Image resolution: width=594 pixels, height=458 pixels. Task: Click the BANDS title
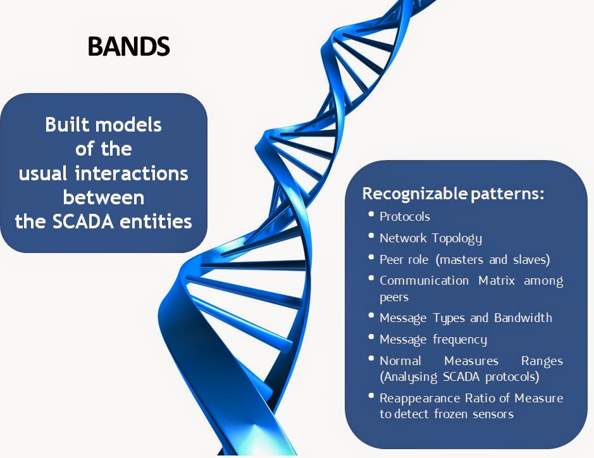point(129,46)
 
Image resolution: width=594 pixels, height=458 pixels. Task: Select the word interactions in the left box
point(132,173)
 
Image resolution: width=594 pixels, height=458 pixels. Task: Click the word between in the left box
point(103,197)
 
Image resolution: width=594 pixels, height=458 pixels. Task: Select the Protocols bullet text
point(405,217)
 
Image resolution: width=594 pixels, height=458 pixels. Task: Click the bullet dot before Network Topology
point(371,235)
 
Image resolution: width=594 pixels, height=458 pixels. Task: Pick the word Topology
point(457,238)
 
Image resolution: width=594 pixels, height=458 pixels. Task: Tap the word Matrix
point(496,280)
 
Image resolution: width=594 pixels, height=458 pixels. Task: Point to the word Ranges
point(542,361)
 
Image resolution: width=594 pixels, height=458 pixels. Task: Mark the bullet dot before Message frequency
point(371,337)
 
